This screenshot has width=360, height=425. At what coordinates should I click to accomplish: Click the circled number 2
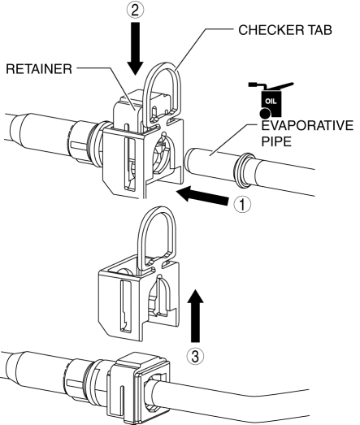(135, 10)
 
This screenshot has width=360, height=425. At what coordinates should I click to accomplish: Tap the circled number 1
(242, 204)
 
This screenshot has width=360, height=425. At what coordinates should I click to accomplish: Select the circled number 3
(195, 356)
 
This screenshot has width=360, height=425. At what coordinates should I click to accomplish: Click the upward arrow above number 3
(195, 315)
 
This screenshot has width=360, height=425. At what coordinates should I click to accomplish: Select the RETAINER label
(39, 69)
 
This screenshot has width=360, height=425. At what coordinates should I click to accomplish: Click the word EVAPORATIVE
(307, 125)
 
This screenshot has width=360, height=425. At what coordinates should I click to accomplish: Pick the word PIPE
(276, 141)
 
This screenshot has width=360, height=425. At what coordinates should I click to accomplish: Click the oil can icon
(271, 100)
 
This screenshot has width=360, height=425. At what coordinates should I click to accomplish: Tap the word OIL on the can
(271, 102)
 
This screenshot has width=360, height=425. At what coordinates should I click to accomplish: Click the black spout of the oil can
(280, 86)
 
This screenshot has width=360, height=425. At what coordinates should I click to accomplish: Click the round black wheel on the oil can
(265, 113)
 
